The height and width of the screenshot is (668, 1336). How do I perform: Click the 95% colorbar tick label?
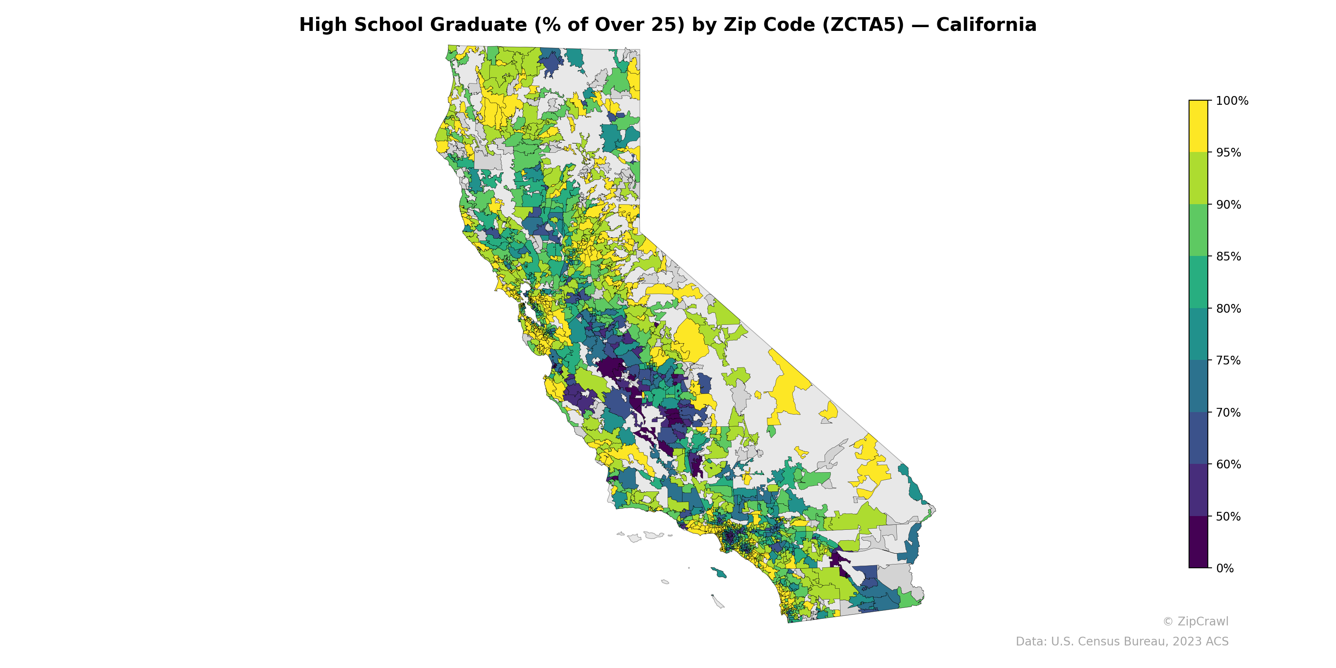coord(1228,153)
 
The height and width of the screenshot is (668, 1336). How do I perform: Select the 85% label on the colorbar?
coord(1228,257)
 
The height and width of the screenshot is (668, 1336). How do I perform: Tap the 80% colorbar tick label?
coord(1228,309)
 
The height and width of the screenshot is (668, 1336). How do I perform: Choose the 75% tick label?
coord(1228,360)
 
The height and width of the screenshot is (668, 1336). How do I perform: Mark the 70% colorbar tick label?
coord(1228,413)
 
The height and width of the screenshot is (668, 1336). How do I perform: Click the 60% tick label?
coord(1228,465)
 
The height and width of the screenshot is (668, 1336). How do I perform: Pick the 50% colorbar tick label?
coord(1228,516)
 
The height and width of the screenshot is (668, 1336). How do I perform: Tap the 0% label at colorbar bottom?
coord(1225,568)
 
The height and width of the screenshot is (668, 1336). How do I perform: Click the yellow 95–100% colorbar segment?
coord(1198,126)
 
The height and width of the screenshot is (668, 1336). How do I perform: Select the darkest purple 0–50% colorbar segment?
coord(1198,542)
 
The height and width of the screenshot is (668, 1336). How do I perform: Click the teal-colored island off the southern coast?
coord(719,572)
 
